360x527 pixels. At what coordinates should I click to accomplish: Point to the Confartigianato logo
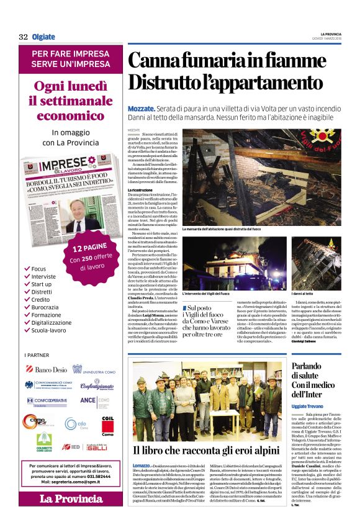[x=97, y=385]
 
